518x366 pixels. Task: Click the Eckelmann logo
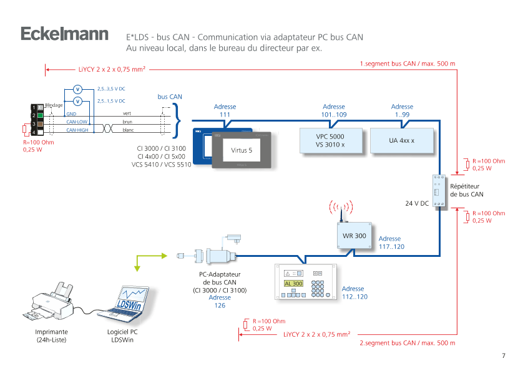coord(65,35)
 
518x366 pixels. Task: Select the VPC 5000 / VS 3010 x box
coord(330,140)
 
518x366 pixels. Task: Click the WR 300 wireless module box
coord(354,236)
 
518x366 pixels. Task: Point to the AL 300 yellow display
coord(293,284)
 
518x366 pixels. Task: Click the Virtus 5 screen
coord(242,150)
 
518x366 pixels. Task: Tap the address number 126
coord(220,306)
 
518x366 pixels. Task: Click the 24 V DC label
coord(416,203)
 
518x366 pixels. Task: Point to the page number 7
coord(503,355)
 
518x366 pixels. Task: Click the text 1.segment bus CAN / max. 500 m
coord(408,64)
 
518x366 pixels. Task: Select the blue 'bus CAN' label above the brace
coord(170,97)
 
